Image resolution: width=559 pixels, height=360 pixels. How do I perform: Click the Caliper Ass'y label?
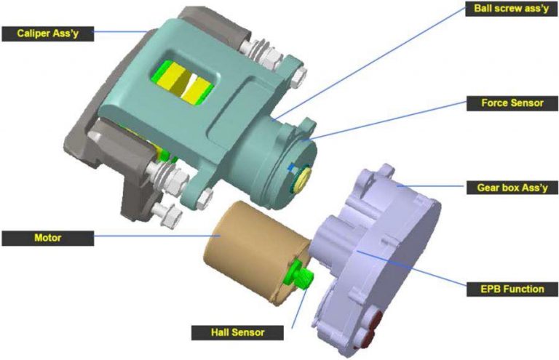[x=46, y=33]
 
